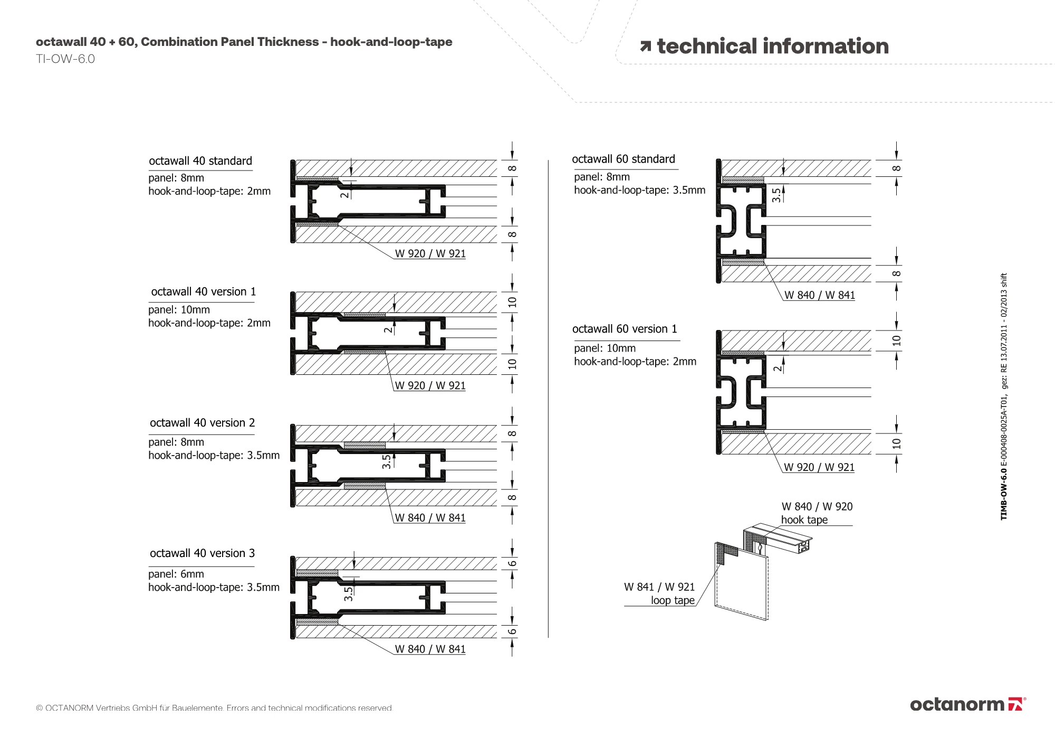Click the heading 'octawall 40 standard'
[x=200, y=161]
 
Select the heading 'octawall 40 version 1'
[x=203, y=292]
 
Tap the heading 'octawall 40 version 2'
[x=202, y=423]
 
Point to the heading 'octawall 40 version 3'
[x=202, y=553]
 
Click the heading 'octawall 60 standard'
[x=624, y=159]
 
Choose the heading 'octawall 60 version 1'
[x=625, y=329]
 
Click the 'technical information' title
[x=772, y=46]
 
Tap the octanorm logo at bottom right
[x=967, y=704]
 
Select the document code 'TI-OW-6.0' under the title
[x=65, y=59]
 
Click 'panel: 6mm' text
[x=176, y=574]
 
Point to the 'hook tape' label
[x=804, y=520]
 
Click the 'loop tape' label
[x=673, y=600]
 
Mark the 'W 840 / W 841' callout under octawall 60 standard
[x=819, y=296]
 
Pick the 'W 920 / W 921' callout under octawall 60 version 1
[x=819, y=467]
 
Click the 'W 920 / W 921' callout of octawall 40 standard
[x=430, y=254]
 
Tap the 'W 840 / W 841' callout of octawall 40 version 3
[x=430, y=649]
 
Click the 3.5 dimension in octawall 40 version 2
[x=387, y=462]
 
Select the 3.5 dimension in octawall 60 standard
[x=776, y=196]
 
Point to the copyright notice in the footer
[x=214, y=708]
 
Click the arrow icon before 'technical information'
[x=645, y=47]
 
